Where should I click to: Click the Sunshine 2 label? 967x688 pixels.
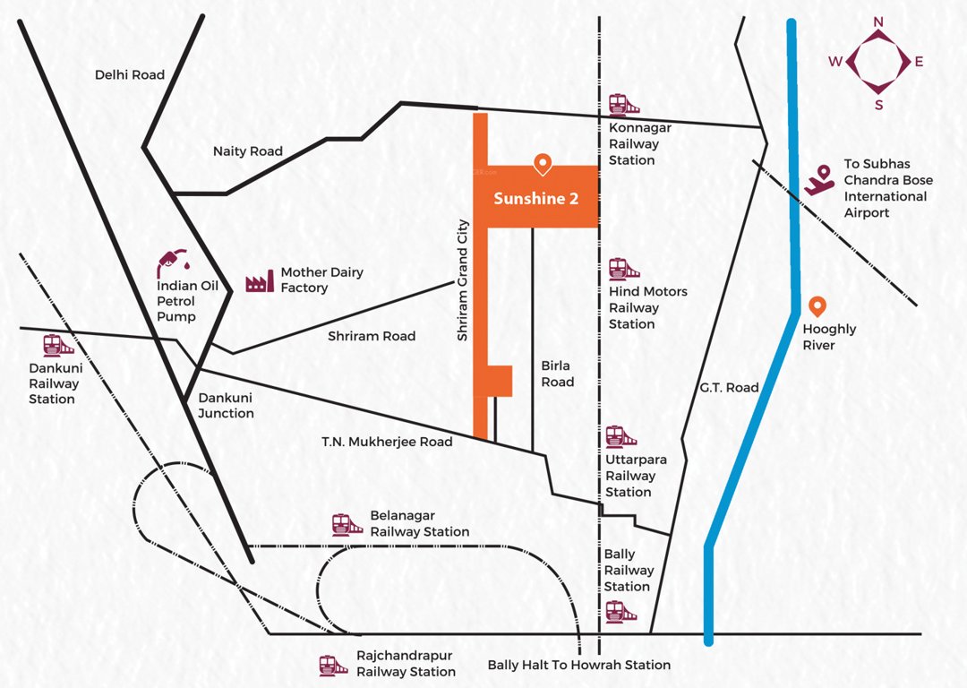pos(535,199)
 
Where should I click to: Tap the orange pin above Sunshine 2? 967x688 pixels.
pos(542,164)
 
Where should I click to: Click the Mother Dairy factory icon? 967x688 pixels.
pos(260,281)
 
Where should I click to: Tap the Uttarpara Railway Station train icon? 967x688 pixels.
pos(615,436)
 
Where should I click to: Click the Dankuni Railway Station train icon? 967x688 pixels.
pos(58,345)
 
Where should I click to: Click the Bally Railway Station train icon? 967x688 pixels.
pos(616,611)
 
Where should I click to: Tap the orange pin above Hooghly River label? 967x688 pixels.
pos(817,306)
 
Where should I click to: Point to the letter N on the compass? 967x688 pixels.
pos(878,21)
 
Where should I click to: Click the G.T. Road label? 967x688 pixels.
pos(731,388)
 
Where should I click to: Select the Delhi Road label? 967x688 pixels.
pos(130,75)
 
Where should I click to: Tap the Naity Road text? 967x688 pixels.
pos(248,151)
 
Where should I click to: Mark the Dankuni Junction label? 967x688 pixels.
pos(226,405)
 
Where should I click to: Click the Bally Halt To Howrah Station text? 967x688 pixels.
pos(578,665)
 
